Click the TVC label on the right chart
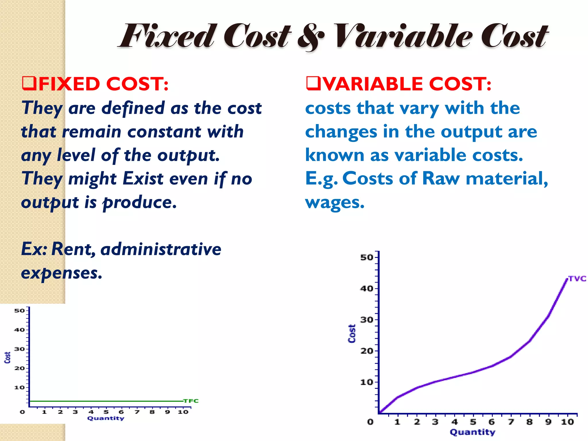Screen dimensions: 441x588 tap(577, 279)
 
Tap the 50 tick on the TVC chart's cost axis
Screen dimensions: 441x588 tap(367, 257)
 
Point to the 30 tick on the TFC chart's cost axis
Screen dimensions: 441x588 tap(20, 349)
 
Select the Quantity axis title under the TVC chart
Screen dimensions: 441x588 tap(473, 432)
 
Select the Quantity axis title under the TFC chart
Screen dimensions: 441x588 tap(106, 418)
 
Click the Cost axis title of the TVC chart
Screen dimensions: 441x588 tap(352, 334)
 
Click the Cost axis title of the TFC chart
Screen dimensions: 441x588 tap(7, 358)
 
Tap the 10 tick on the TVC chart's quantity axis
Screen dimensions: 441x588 tap(567, 422)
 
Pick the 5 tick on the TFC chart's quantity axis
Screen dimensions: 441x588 tap(106, 412)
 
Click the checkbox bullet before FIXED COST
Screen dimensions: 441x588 tap(29, 84)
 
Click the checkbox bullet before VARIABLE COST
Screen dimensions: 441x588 tap(313, 84)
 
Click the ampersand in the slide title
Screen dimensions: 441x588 tap(311, 37)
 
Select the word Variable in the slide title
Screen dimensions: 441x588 tap(403, 36)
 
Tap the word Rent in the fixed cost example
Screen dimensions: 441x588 tap(73, 249)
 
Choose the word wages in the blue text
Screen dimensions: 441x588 tap(335, 203)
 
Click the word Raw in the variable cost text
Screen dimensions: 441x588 tap(441, 179)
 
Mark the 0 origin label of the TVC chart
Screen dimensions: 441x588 tap(370, 422)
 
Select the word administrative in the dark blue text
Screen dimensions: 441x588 tap(161, 249)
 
